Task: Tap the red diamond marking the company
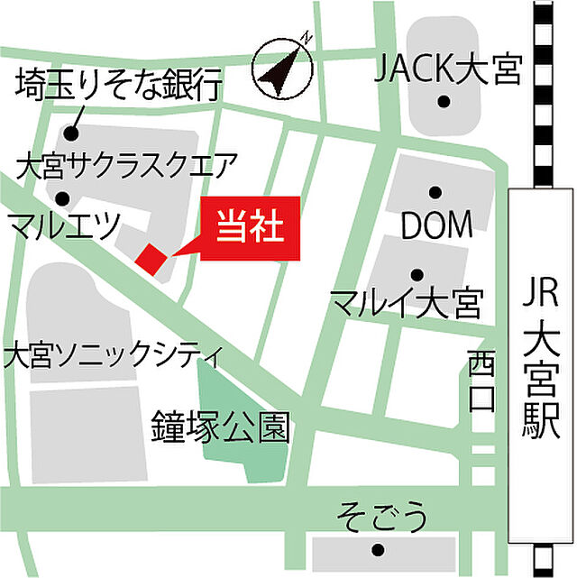tap(151, 258)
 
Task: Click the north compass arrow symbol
tap(282, 69)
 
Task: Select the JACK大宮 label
tap(448, 68)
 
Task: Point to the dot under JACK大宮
tap(444, 101)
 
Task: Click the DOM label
tap(436, 226)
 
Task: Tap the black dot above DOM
tap(435, 191)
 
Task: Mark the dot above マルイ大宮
tap(416, 275)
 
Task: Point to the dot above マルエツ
tap(62, 198)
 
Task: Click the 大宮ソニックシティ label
tap(113, 354)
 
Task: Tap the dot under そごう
tap(378, 549)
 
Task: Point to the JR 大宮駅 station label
tap(542, 361)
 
